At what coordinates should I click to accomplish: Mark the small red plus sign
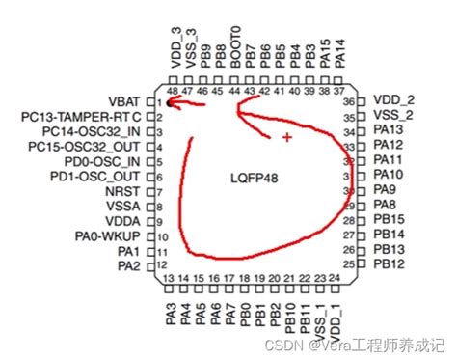(x=286, y=138)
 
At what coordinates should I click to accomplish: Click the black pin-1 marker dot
(x=170, y=100)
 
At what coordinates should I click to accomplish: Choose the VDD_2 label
(x=394, y=99)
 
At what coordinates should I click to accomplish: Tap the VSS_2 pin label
(x=394, y=114)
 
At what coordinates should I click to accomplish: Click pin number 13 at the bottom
(x=170, y=279)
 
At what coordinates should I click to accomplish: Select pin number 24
(x=334, y=279)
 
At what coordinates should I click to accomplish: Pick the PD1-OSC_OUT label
(x=94, y=176)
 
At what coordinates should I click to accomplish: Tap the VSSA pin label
(x=123, y=205)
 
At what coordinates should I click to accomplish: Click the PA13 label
(x=389, y=129)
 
